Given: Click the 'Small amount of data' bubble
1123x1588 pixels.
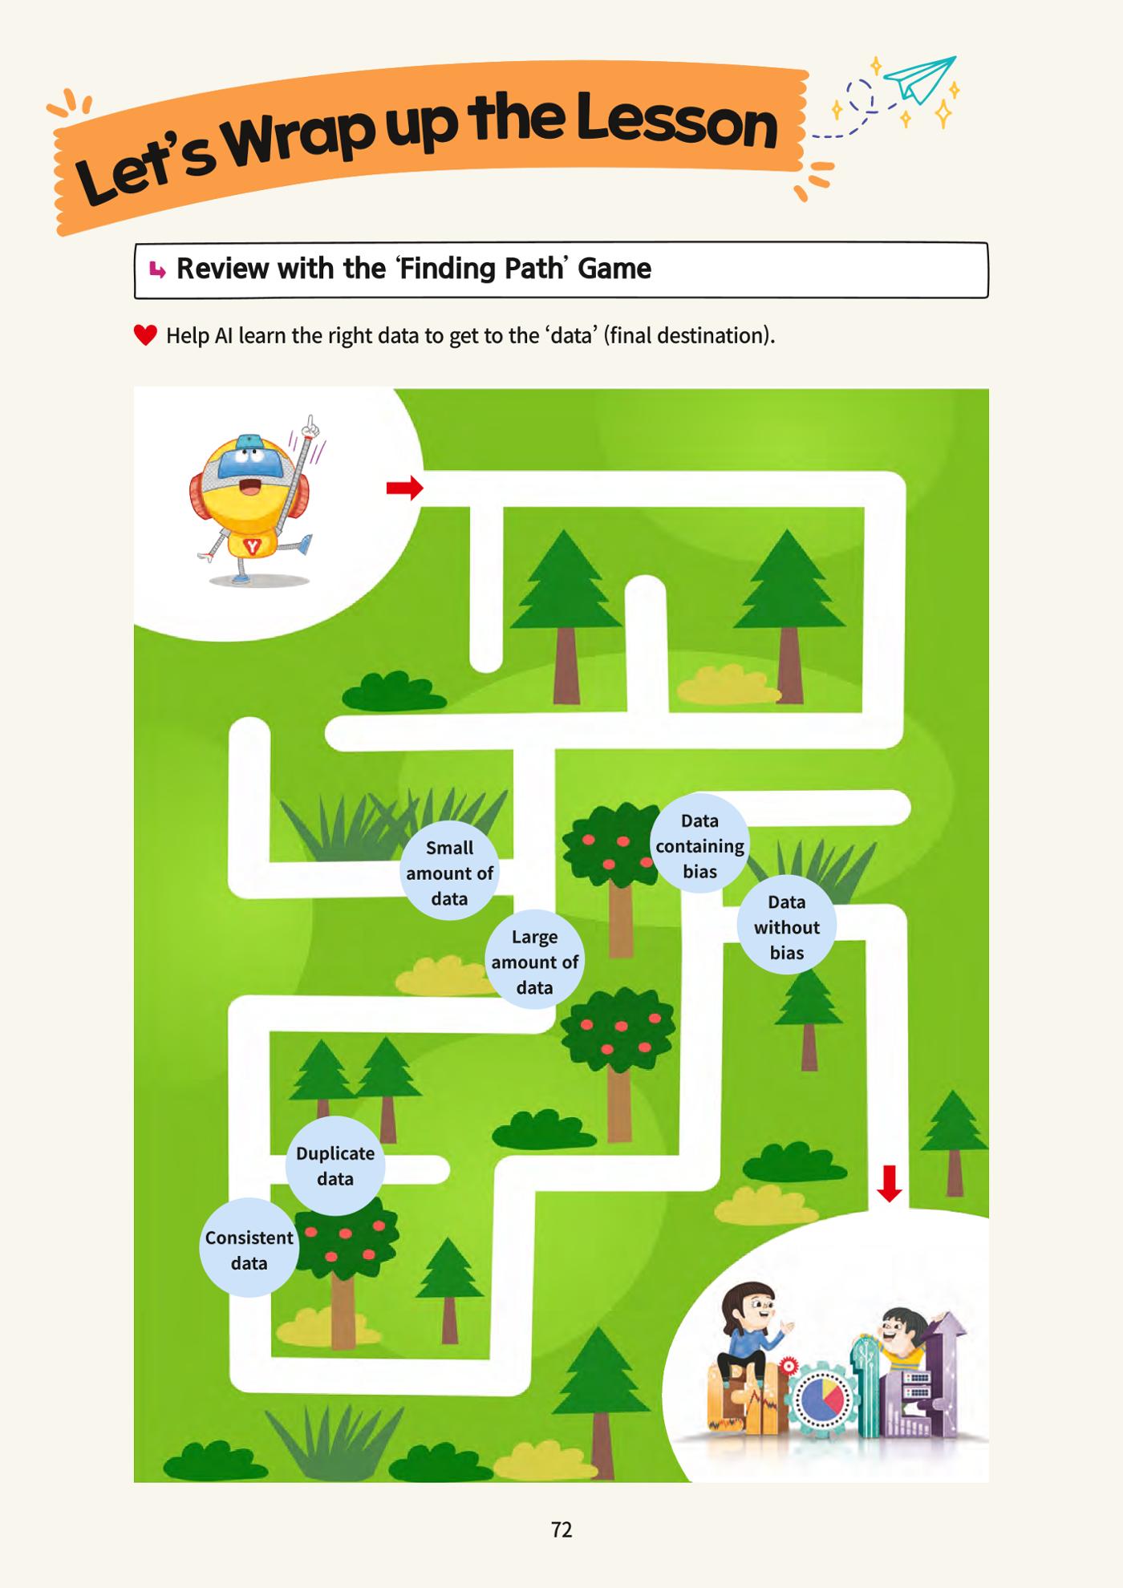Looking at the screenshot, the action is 449,872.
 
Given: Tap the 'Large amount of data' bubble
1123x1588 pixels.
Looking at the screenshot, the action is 534,960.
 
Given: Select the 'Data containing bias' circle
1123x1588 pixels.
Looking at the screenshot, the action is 699,845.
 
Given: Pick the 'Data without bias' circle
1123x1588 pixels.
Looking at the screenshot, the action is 787,926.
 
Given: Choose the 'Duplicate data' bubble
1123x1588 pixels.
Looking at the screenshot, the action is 335,1165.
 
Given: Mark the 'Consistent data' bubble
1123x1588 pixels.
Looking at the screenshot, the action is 249,1249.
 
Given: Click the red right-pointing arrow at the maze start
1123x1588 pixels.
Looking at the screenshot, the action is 404,487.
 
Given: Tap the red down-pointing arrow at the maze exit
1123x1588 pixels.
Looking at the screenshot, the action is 889,1184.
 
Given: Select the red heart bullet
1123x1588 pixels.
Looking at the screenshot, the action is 145,335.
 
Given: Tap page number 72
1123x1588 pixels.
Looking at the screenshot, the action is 561,1529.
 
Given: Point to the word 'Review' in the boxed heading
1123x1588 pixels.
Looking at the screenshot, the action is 223,269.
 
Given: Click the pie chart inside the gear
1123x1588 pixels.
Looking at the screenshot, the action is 820,1397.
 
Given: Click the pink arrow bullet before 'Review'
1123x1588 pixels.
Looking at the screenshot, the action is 157,270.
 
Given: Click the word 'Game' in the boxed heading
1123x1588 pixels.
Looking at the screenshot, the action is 614,269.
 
